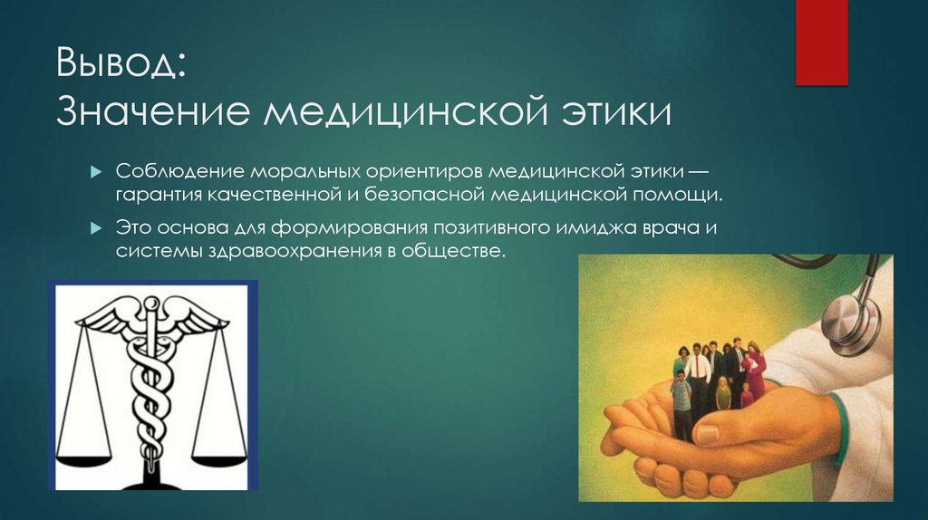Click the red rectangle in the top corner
(x=821, y=41)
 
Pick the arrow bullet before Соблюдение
(x=97, y=172)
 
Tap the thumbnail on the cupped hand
(x=708, y=432)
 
